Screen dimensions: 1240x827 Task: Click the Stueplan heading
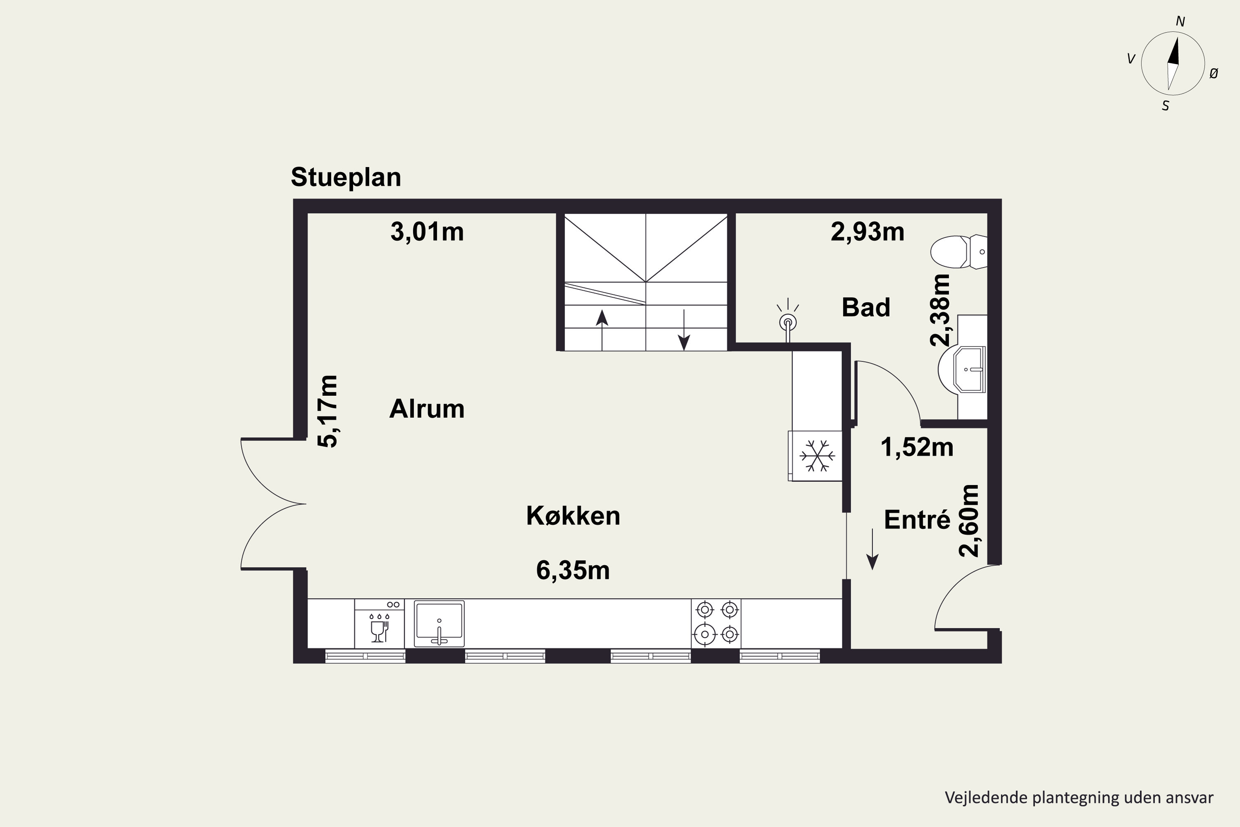point(346,178)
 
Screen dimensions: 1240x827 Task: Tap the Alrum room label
point(427,409)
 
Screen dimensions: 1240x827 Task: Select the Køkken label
point(573,516)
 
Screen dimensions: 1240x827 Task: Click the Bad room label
point(866,308)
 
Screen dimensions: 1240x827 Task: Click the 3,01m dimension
point(427,232)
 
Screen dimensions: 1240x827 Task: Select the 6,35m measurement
point(573,571)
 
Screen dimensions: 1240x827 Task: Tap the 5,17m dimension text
point(327,411)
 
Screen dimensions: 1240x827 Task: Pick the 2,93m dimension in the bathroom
point(867,232)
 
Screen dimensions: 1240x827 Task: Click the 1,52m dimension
point(917,448)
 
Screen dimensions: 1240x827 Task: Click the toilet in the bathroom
point(959,251)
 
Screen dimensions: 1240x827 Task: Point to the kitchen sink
point(439,624)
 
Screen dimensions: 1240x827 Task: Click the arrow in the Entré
point(873,550)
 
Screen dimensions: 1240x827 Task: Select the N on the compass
point(1180,22)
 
